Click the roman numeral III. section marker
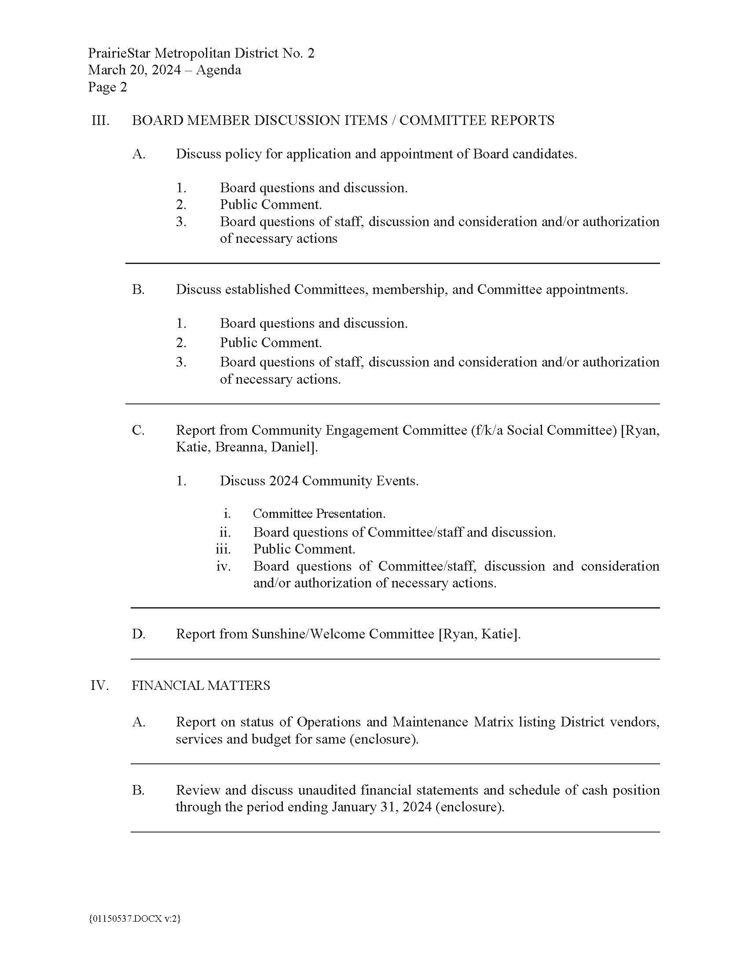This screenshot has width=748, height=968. click(x=100, y=121)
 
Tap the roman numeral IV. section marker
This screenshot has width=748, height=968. click(x=99, y=686)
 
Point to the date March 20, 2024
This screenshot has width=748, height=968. click(x=134, y=70)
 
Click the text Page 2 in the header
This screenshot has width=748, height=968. click(x=107, y=87)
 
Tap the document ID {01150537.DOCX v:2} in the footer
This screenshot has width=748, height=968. click(x=135, y=919)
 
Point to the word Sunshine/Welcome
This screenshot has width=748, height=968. click(x=308, y=634)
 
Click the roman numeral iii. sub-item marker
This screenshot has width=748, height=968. click(x=224, y=550)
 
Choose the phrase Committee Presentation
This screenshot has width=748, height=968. click(x=319, y=514)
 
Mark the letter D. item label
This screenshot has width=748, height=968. click(x=138, y=634)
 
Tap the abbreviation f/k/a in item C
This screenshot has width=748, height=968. click(x=489, y=430)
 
